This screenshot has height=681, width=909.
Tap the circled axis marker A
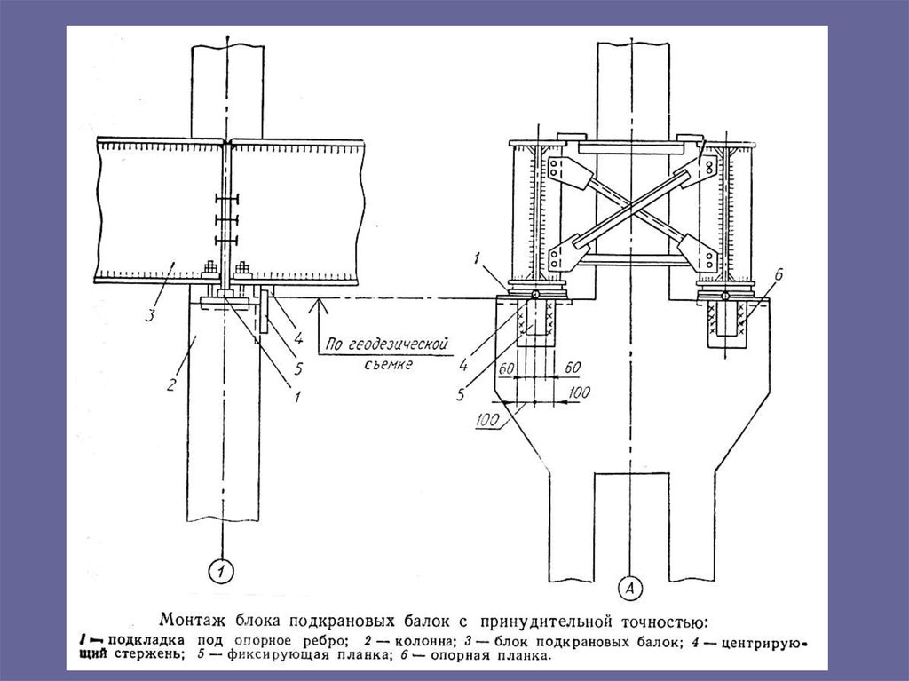pyautogui.click(x=630, y=589)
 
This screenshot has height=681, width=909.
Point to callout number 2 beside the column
pyautogui.click(x=171, y=384)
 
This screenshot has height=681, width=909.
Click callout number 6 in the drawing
pyautogui.click(x=779, y=274)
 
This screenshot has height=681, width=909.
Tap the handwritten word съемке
pyautogui.click(x=389, y=364)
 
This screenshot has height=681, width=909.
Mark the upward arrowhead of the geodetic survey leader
pyautogui.click(x=319, y=304)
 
